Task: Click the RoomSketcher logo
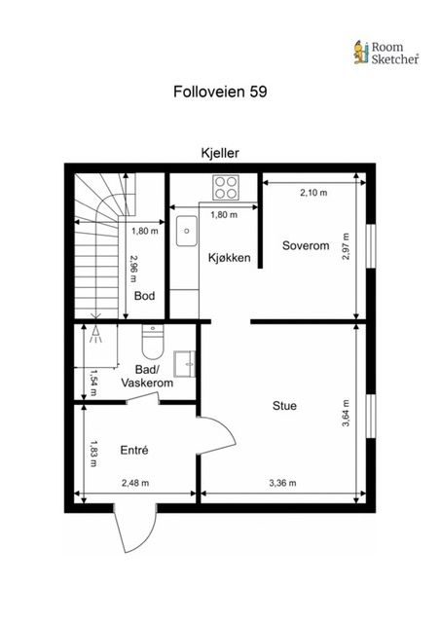click(385, 53)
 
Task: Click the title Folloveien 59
click(220, 92)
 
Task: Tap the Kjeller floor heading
click(220, 153)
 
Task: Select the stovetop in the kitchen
click(226, 188)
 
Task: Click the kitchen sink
click(186, 231)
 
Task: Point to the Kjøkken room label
click(230, 257)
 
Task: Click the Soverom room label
click(306, 245)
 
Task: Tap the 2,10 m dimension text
click(313, 193)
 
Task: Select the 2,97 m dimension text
click(346, 246)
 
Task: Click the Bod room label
click(144, 296)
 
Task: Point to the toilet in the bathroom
click(153, 342)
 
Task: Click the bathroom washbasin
click(184, 363)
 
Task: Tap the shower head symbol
click(95, 334)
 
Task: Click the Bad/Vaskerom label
click(147, 377)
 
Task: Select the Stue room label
click(284, 406)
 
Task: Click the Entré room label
click(134, 450)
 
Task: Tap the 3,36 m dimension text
click(282, 483)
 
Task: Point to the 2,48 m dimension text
click(135, 483)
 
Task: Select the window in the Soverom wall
click(371, 246)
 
